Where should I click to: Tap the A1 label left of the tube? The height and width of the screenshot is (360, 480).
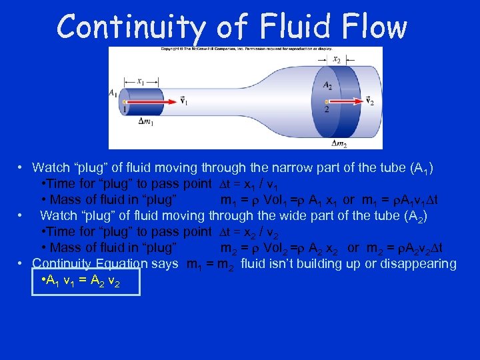click(x=113, y=93)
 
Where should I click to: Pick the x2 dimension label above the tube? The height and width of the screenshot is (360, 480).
click(x=336, y=59)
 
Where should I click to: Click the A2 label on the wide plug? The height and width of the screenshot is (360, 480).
click(x=327, y=85)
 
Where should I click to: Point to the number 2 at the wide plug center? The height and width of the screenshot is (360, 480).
click(x=326, y=109)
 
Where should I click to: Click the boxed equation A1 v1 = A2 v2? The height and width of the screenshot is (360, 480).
click(x=86, y=280)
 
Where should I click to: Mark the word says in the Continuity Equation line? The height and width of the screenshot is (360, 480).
click(x=165, y=263)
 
